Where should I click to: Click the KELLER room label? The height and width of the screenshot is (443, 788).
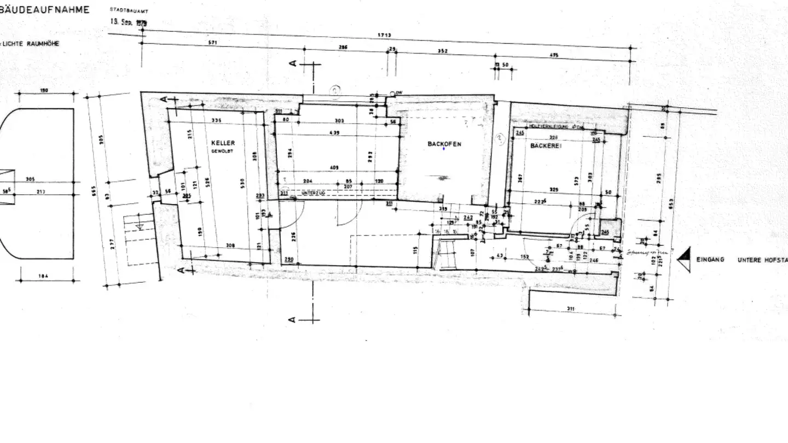point(223,143)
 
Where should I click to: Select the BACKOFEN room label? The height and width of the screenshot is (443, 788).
point(444,144)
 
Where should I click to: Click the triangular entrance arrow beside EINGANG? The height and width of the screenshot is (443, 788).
point(684,259)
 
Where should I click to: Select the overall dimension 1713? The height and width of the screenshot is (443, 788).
point(385,36)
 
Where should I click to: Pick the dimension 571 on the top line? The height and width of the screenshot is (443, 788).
point(213,42)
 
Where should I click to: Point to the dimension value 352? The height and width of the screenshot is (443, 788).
point(443,51)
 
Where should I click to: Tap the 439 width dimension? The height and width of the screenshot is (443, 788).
point(334,133)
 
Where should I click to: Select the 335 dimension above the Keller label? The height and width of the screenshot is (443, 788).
point(217,120)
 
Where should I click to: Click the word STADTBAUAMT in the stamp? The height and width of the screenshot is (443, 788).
point(129,11)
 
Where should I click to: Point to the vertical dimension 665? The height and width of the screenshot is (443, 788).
point(94,191)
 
